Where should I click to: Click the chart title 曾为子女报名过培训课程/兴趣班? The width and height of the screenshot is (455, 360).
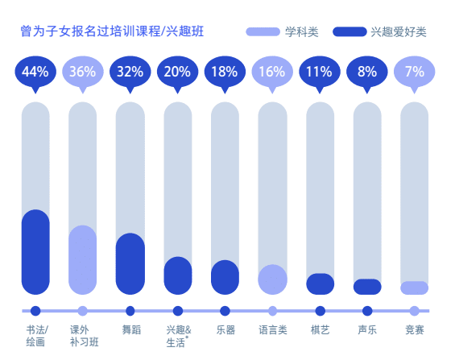[x=112, y=32]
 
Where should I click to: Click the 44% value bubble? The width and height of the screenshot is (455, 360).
[x=35, y=72]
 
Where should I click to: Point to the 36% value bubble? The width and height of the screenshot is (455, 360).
[x=82, y=72]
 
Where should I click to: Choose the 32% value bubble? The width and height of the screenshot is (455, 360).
[x=130, y=72]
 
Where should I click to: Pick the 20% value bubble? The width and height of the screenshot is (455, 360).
[x=177, y=72]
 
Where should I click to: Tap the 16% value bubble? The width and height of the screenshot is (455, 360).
[x=272, y=72]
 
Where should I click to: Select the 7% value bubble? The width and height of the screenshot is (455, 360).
[x=414, y=72]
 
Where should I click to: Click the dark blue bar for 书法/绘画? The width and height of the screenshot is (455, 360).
[x=35, y=252]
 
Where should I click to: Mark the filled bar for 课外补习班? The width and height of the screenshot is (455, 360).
[x=82, y=259]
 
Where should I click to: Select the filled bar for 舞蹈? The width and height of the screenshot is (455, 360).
[x=130, y=263]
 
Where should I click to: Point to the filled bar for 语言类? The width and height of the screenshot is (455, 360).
[x=272, y=279]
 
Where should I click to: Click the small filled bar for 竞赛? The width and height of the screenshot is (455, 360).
[x=414, y=288]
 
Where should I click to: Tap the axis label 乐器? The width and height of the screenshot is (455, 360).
[x=225, y=329]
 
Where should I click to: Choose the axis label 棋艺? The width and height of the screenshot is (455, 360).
[x=320, y=329]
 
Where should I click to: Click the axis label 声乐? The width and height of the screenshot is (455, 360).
[x=367, y=329]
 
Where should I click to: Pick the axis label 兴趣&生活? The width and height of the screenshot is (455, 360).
[x=178, y=336]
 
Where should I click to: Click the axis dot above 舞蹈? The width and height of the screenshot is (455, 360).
[x=130, y=311]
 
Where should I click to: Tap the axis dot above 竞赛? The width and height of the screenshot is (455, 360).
[x=414, y=311]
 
